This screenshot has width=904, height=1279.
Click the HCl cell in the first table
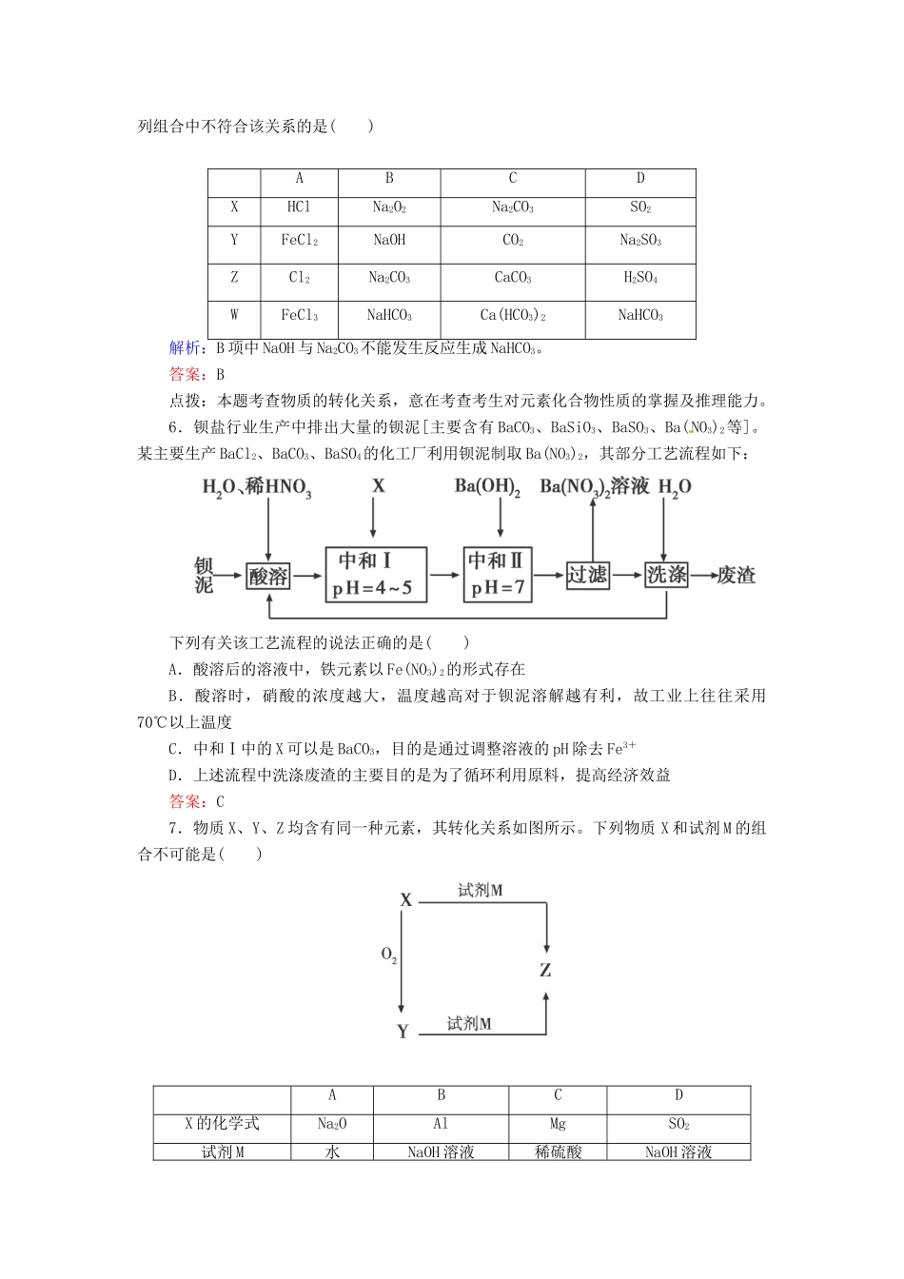point(299,207)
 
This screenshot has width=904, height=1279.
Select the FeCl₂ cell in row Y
point(299,241)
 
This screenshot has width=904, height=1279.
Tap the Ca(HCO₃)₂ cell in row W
point(512,315)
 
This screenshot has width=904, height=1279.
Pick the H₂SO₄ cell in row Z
point(639,278)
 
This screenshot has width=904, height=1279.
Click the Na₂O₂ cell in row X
point(389,207)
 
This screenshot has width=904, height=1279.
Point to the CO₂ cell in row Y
point(512,241)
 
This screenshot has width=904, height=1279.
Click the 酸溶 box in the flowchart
point(268,576)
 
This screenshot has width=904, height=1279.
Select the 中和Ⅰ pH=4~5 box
point(374,574)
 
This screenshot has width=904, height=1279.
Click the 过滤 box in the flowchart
point(587,575)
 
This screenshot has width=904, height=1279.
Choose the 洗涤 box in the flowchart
point(666,575)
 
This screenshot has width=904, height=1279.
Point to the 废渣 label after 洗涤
point(736,576)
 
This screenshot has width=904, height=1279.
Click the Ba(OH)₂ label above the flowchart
point(487,487)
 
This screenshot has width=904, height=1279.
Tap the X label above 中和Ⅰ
point(378,486)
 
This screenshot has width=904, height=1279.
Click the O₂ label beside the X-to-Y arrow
point(389,954)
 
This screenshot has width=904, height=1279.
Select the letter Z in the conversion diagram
point(545,971)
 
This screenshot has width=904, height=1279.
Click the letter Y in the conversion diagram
point(403,1032)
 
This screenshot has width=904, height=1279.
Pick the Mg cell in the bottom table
point(558,1124)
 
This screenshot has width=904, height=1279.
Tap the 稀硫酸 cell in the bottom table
point(558,1151)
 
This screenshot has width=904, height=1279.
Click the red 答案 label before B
point(187,374)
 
